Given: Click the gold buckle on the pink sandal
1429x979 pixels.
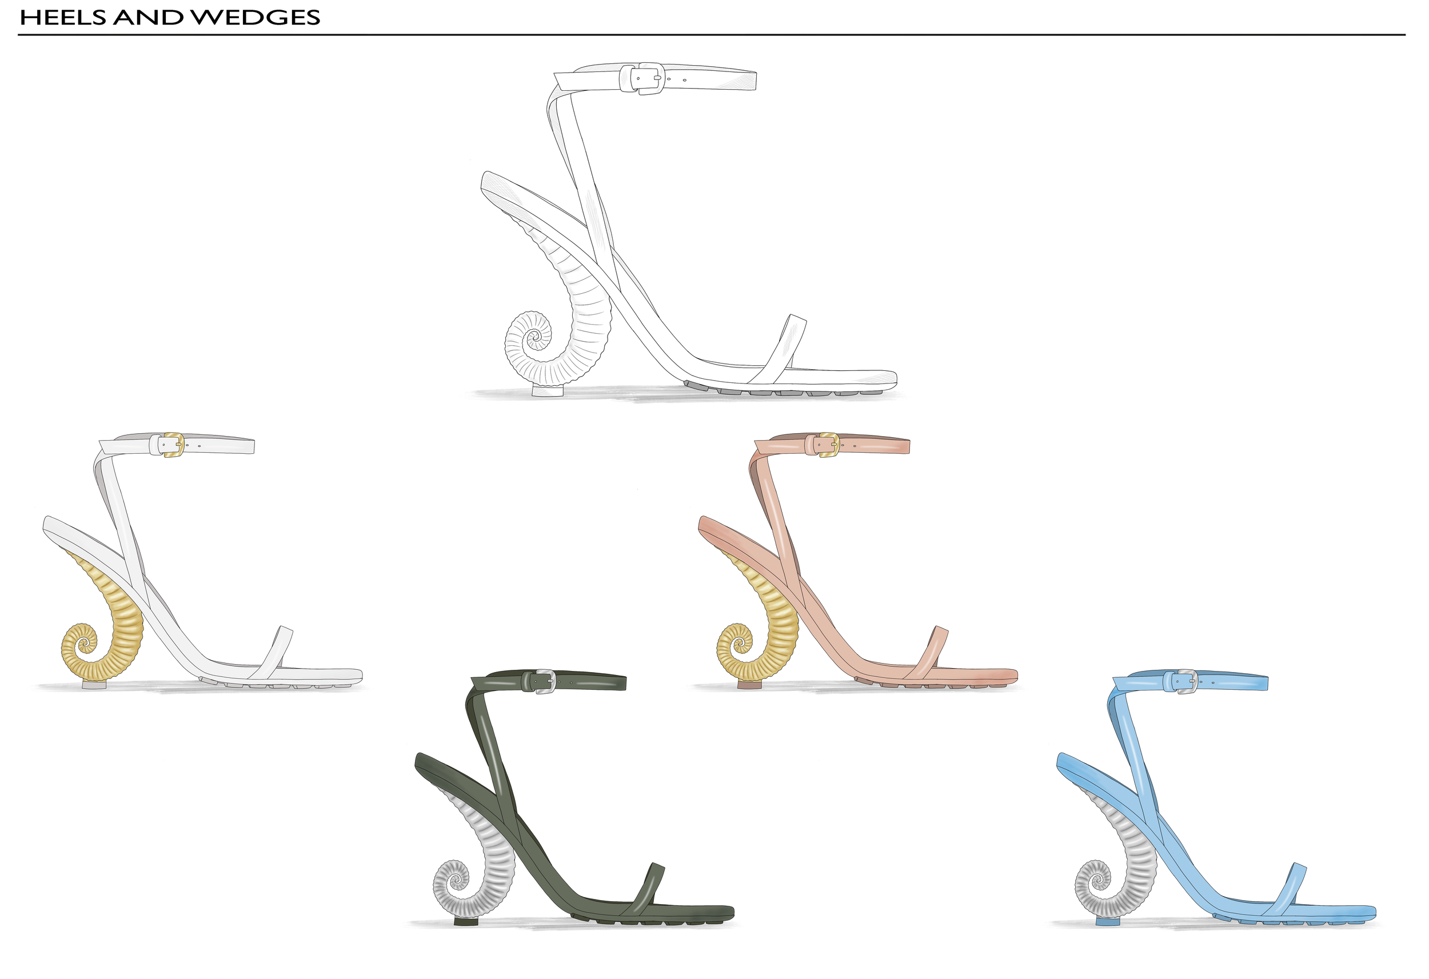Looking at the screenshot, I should (x=829, y=445).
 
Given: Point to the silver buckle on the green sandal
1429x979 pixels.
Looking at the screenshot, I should (x=545, y=681).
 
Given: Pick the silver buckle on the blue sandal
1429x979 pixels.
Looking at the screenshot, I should (x=1187, y=681).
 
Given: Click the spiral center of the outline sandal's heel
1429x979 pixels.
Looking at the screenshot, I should (x=534, y=337).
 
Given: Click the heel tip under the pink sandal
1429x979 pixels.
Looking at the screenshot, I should (x=748, y=685).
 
